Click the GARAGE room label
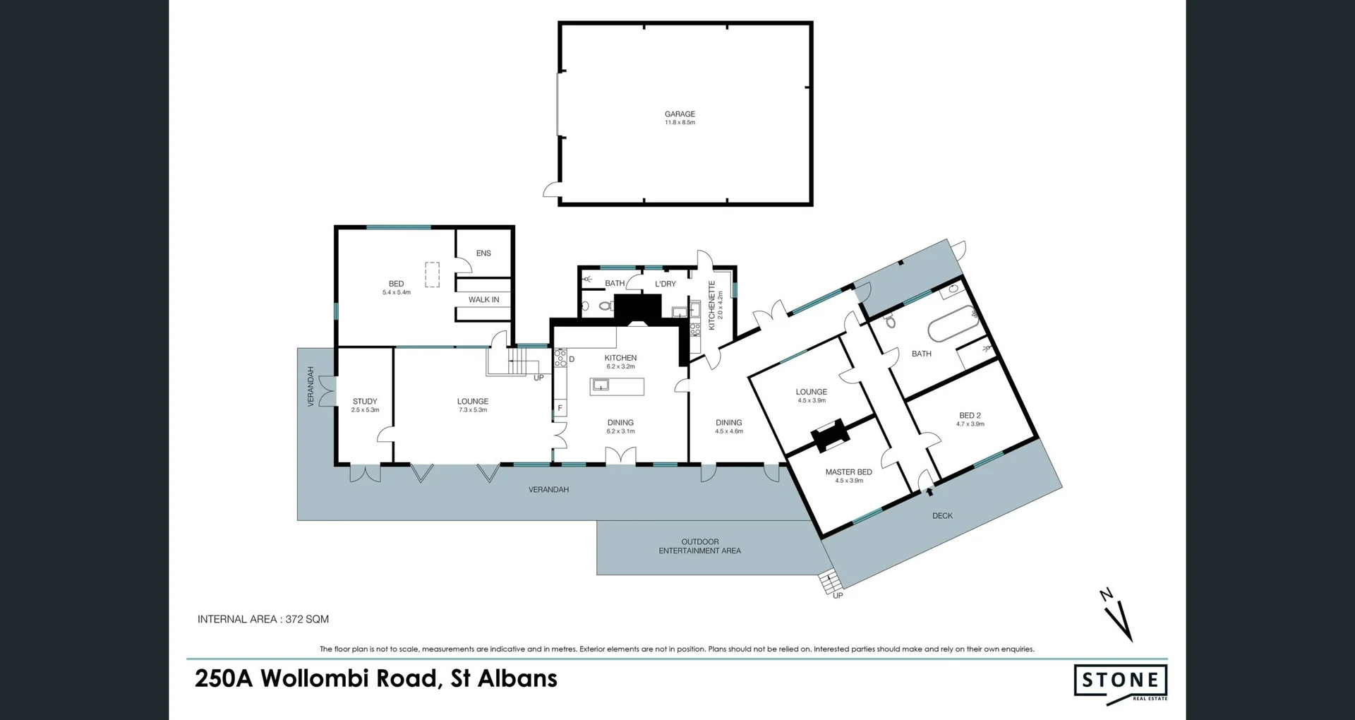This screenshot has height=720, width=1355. (680, 114)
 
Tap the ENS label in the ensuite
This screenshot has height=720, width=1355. (483, 253)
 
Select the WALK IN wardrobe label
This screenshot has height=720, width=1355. (483, 300)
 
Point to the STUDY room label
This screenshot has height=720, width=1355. (365, 402)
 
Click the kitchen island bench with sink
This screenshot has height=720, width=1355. (617, 386)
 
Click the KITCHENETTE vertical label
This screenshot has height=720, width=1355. (712, 305)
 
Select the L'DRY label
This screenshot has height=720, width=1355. (666, 284)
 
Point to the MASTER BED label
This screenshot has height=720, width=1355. (848, 472)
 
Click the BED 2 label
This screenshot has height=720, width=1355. (970, 416)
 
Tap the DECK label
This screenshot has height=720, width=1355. (942, 516)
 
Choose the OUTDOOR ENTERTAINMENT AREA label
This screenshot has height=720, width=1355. (699, 546)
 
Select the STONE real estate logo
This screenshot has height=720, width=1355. (1120, 682)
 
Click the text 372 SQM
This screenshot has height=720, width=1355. (307, 619)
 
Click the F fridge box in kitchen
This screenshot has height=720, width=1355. (560, 408)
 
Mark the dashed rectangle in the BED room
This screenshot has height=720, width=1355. (432, 275)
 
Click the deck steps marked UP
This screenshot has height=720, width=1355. (831, 584)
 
